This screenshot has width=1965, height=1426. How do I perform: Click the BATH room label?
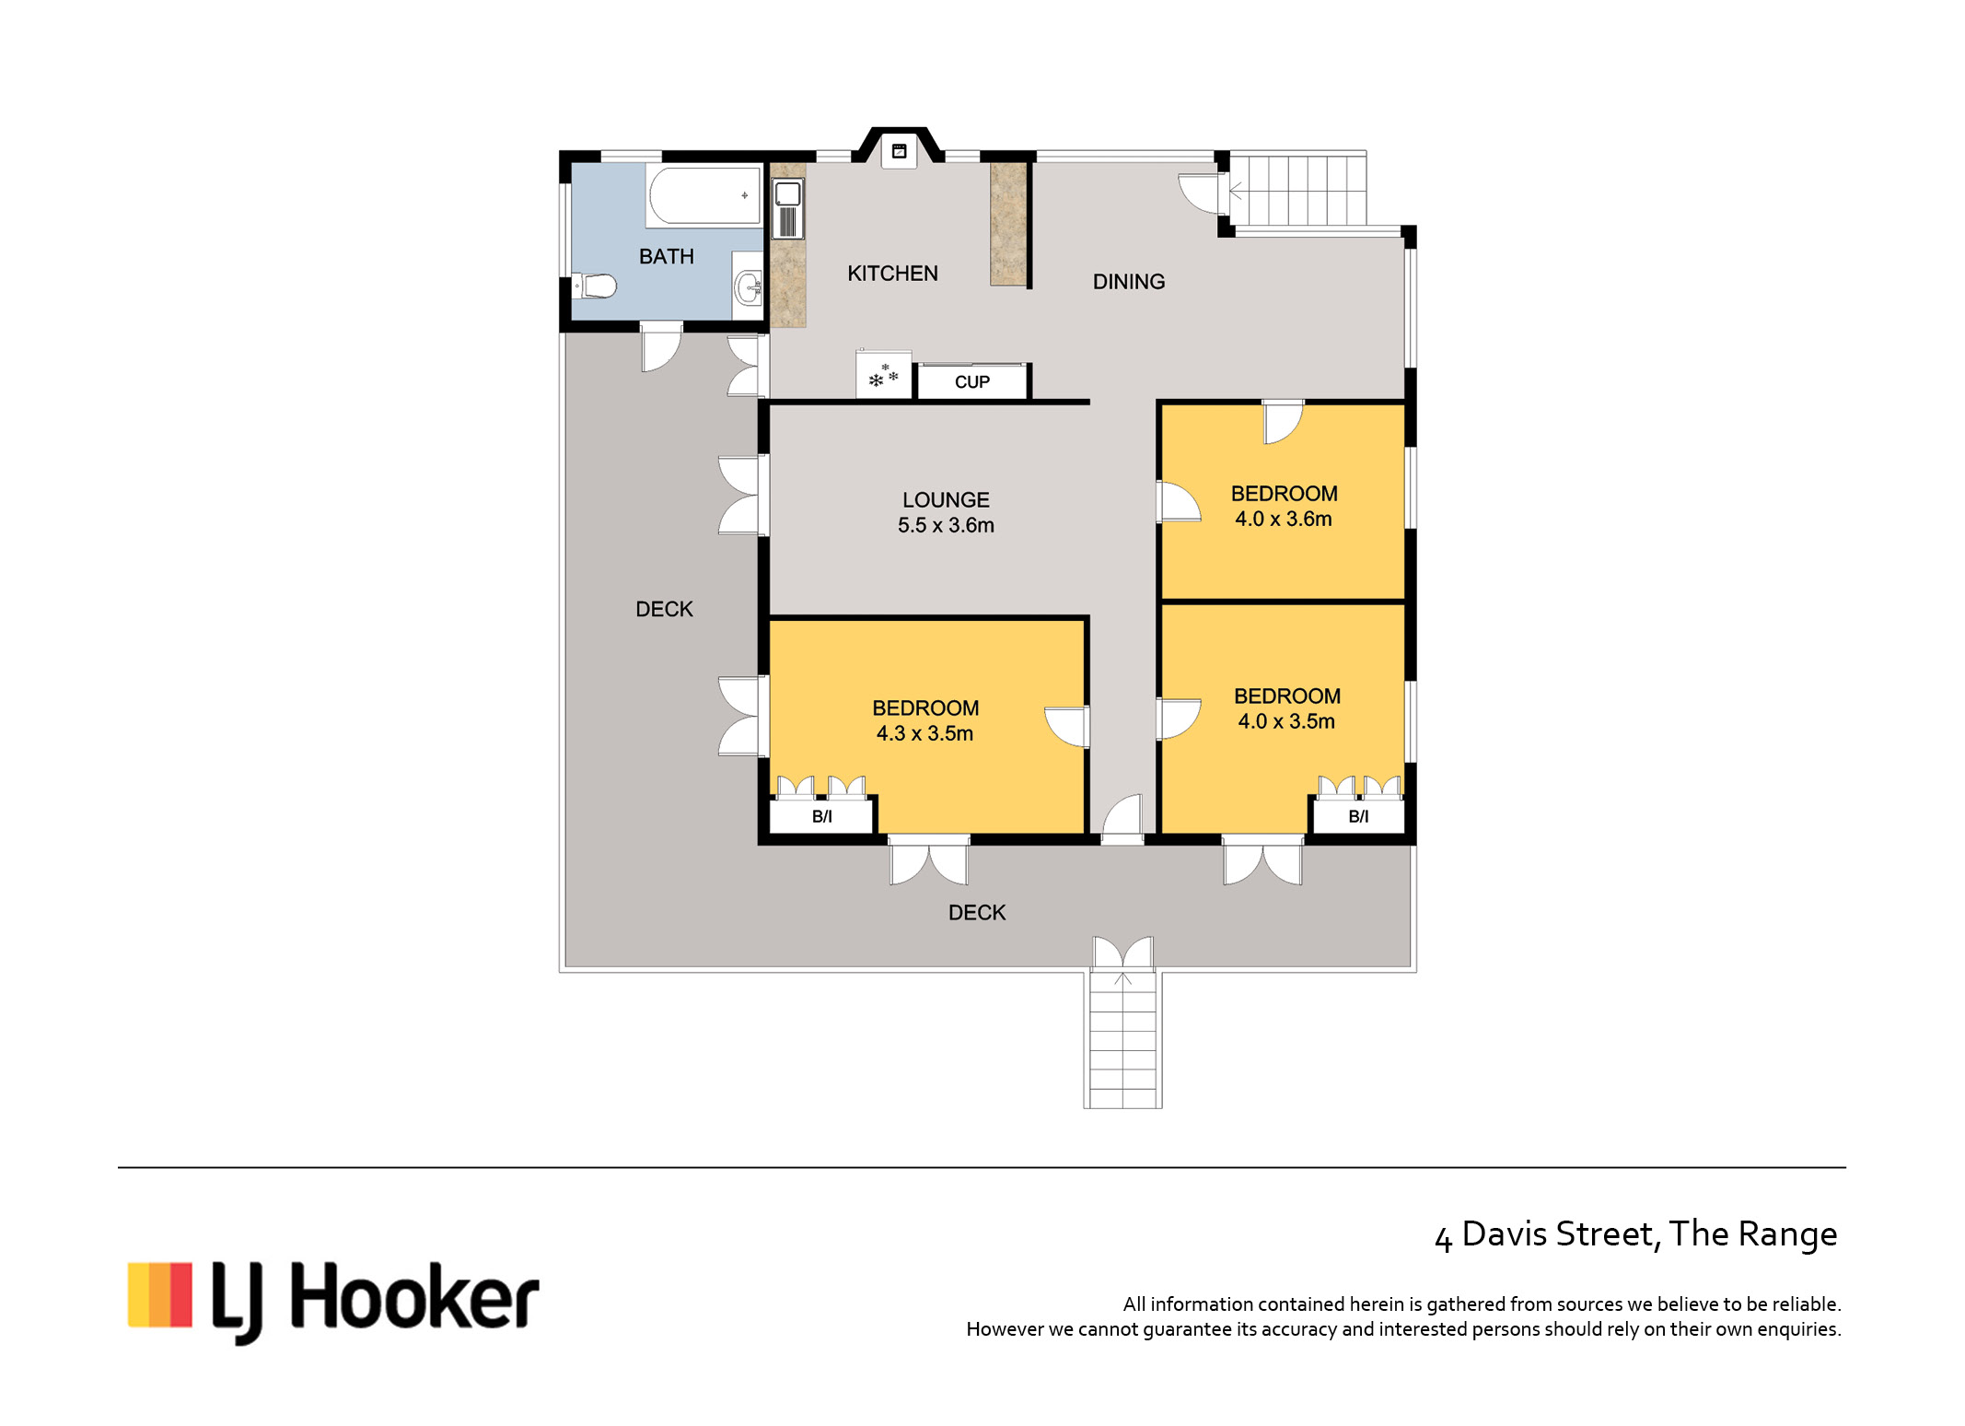coord(666,256)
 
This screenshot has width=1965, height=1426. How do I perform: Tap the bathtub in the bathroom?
coord(704,195)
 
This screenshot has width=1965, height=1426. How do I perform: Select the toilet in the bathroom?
coord(594,286)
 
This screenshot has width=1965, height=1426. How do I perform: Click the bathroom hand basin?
coord(748,286)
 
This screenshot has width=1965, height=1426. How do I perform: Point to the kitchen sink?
coord(787,208)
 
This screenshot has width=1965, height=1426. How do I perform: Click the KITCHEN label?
coord(892,274)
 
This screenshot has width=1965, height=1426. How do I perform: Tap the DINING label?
coord(1129,282)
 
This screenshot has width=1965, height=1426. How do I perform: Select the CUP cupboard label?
coord(972,382)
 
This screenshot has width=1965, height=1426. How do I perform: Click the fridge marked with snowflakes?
coord(884,375)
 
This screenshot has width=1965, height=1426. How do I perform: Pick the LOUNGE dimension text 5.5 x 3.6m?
coord(946,525)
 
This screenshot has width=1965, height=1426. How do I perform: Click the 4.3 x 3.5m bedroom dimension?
coord(924,733)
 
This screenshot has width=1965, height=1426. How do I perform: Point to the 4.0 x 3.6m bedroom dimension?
coord(1284,519)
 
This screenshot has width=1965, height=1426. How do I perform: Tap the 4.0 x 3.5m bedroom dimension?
coord(1286,721)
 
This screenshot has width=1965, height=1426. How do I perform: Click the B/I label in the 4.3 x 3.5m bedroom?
coord(821,816)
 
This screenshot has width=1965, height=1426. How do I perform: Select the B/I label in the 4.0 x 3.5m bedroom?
coord(1358,816)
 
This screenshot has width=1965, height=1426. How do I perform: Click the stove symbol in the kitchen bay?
coord(900,151)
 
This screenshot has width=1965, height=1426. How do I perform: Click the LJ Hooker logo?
coord(333,1302)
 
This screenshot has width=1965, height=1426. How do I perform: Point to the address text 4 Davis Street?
coord(1546,1235)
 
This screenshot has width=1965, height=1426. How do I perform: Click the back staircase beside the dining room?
coord(1297,191)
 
